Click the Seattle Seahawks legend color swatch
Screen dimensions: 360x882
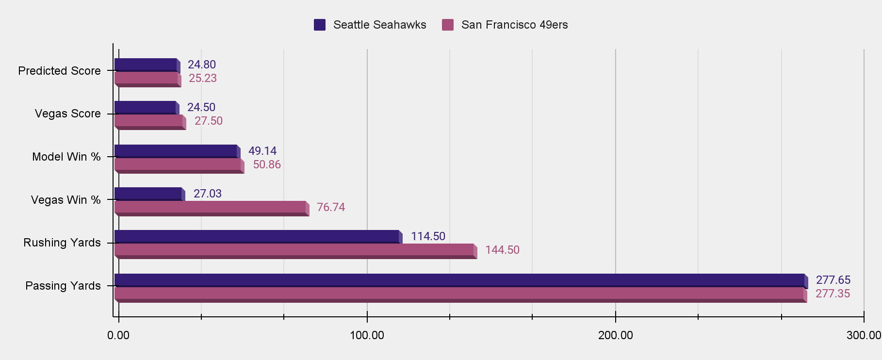click(320, 25)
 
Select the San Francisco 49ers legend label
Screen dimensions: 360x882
click(514, 25)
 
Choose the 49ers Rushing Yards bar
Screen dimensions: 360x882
click(294, 249)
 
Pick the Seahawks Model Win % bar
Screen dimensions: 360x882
click(176, 151)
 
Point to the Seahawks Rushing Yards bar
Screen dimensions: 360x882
click(257, 236)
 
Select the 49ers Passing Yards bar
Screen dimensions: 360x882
click(459, 293)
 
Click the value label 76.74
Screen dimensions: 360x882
click(331, 207)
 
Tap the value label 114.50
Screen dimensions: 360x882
click(428, 236)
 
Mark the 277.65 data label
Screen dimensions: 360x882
click(833, 280)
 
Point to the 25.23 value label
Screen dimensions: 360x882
click(203, 78)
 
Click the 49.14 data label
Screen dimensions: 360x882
click(262, 151)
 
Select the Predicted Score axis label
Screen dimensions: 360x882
click(59, 71)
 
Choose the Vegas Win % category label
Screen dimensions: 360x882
click(65, 200)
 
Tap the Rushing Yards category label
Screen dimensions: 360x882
click(62, 243)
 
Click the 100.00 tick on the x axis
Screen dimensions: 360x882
click(367, 335)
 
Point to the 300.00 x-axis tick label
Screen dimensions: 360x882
click(864, 335)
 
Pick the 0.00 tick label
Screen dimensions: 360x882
click(118, 335)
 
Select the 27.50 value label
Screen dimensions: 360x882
click(209, 121)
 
